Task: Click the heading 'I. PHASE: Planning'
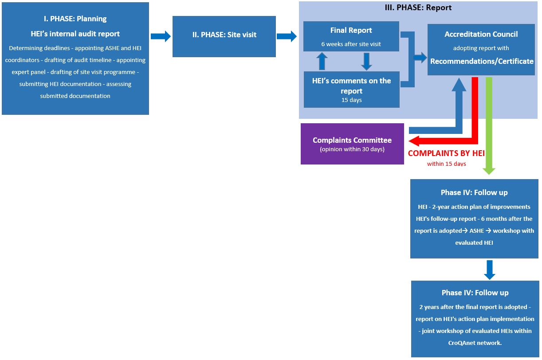[75, 19]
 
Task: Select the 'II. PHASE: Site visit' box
[224, 35]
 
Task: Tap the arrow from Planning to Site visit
[161, 36]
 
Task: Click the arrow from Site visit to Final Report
[287, 36]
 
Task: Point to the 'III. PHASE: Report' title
[418, 8]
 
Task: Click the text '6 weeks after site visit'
[351, 44]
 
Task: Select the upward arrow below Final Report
[322, 61]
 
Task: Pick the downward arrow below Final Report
[366, 61]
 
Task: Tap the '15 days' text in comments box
[351, 100]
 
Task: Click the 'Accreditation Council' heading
[481, 34]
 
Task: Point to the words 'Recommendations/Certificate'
[481, 61]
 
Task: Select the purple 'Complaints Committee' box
[352, 144]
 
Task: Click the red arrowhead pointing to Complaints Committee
[415, 141]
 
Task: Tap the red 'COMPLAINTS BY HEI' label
[446, 153]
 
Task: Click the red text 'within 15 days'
[446, 164]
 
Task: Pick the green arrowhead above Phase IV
[489, 170]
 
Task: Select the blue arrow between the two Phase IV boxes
[489, 270]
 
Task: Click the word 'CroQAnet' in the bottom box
[462, 342]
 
